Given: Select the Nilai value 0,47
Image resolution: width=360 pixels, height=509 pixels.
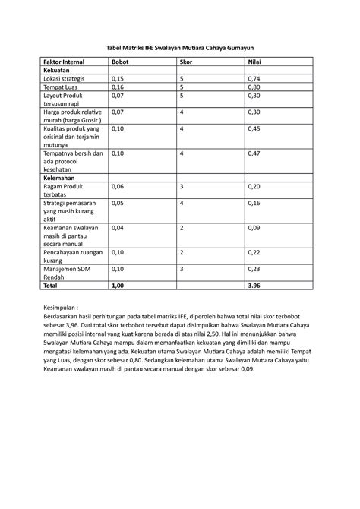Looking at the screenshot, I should point(255,154).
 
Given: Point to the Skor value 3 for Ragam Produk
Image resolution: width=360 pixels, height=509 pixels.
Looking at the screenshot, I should point(182,185).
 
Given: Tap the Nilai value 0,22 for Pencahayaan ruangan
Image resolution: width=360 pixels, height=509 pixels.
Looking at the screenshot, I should point(255,253).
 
